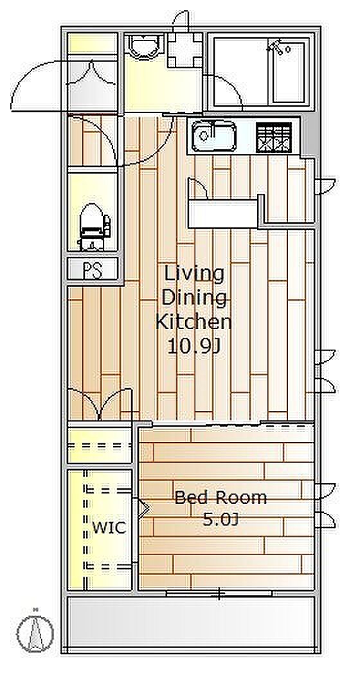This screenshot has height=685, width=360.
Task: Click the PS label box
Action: (x=93, y=269)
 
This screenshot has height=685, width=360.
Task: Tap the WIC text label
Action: (x=109, y=528)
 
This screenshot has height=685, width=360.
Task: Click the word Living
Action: (x=194, y=274)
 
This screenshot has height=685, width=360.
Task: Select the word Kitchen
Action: (x=194, y=322)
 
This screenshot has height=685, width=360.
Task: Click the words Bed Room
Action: (x=221, y=497)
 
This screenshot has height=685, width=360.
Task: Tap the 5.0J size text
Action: (x=221, y=519)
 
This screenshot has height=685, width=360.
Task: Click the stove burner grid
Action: (x=274, y=137)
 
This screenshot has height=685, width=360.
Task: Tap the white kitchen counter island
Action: (x=223, y=213)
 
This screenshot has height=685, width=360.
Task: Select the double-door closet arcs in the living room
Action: (x=100, y=404)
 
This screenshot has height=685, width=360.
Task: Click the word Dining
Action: (x=194, y=298)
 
